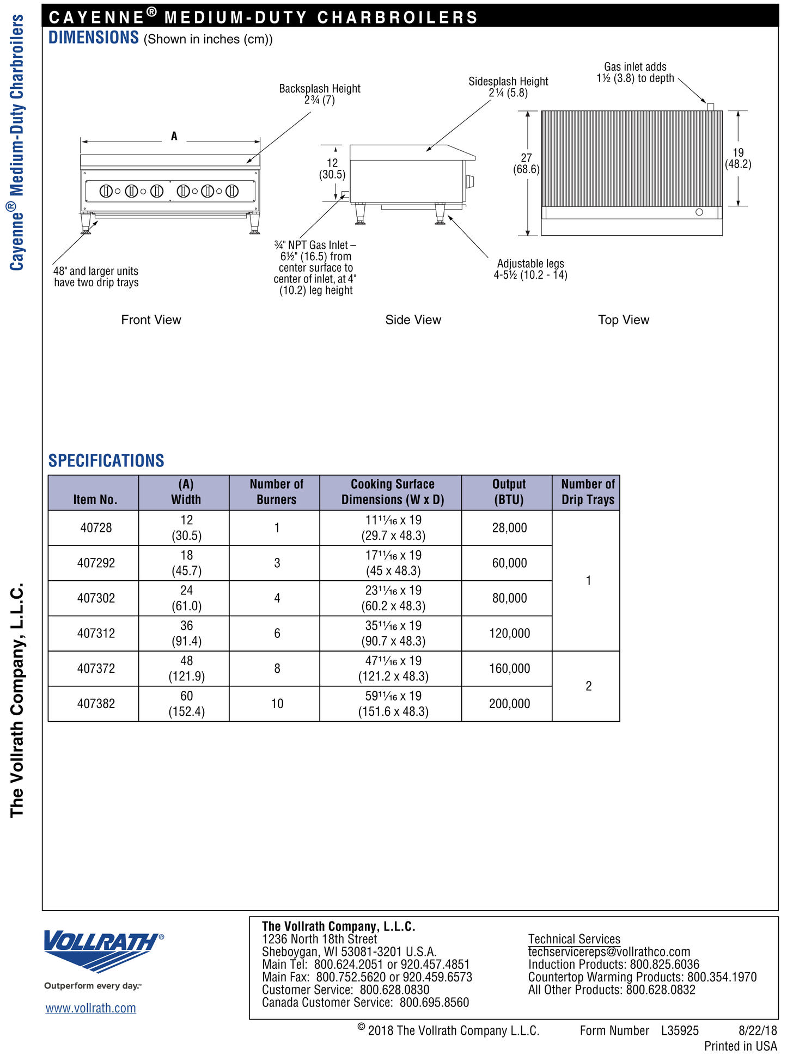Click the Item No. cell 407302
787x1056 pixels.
[96, 598]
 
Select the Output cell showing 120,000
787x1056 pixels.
[509, 633]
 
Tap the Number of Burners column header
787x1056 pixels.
[276, 492]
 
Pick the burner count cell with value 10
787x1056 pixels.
[277, 704]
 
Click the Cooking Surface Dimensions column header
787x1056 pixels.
[392, 492]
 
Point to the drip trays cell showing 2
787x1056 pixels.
[588, 686]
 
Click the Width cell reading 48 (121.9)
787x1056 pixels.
[186, 668]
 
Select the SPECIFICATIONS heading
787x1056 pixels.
[106, 461]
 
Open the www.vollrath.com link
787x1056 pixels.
[90, 1008]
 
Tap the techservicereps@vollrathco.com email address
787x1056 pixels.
[609, 951]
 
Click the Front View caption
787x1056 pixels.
[151, 320]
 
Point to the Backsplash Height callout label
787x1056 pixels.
[320, 94]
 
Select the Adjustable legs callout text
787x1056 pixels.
[530, 269]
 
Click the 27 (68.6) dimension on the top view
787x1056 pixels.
[526, 163]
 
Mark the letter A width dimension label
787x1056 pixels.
[174, 136]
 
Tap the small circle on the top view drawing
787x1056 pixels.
[699, 212]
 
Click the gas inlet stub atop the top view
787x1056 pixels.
[710, 107]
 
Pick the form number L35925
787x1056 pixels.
[680, 1030]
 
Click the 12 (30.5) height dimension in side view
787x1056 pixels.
[332, 169]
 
